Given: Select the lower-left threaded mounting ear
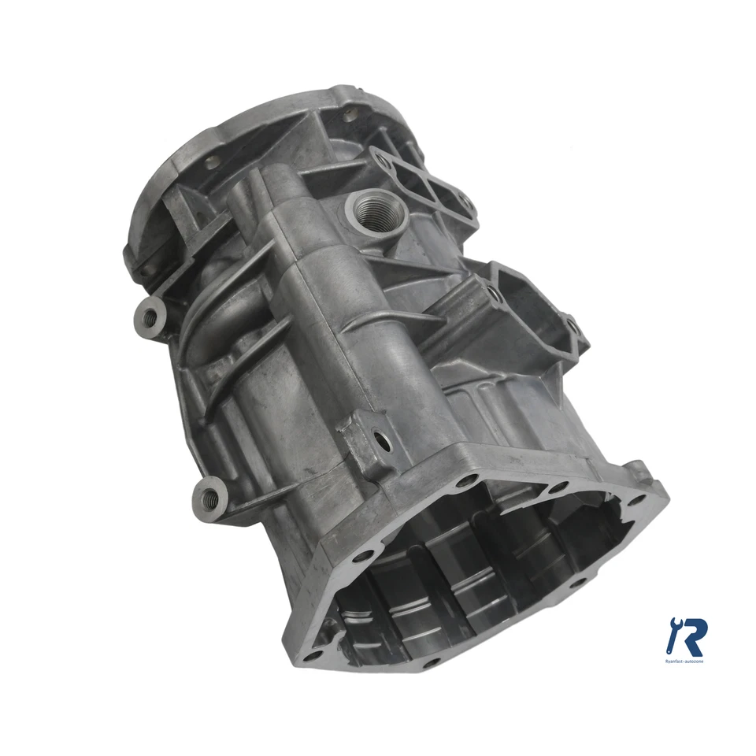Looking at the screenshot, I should point(209,497).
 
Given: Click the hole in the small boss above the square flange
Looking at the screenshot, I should point(386,443).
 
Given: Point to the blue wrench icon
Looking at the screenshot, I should point(675,635).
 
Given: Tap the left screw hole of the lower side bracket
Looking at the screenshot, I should point(492,295).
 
